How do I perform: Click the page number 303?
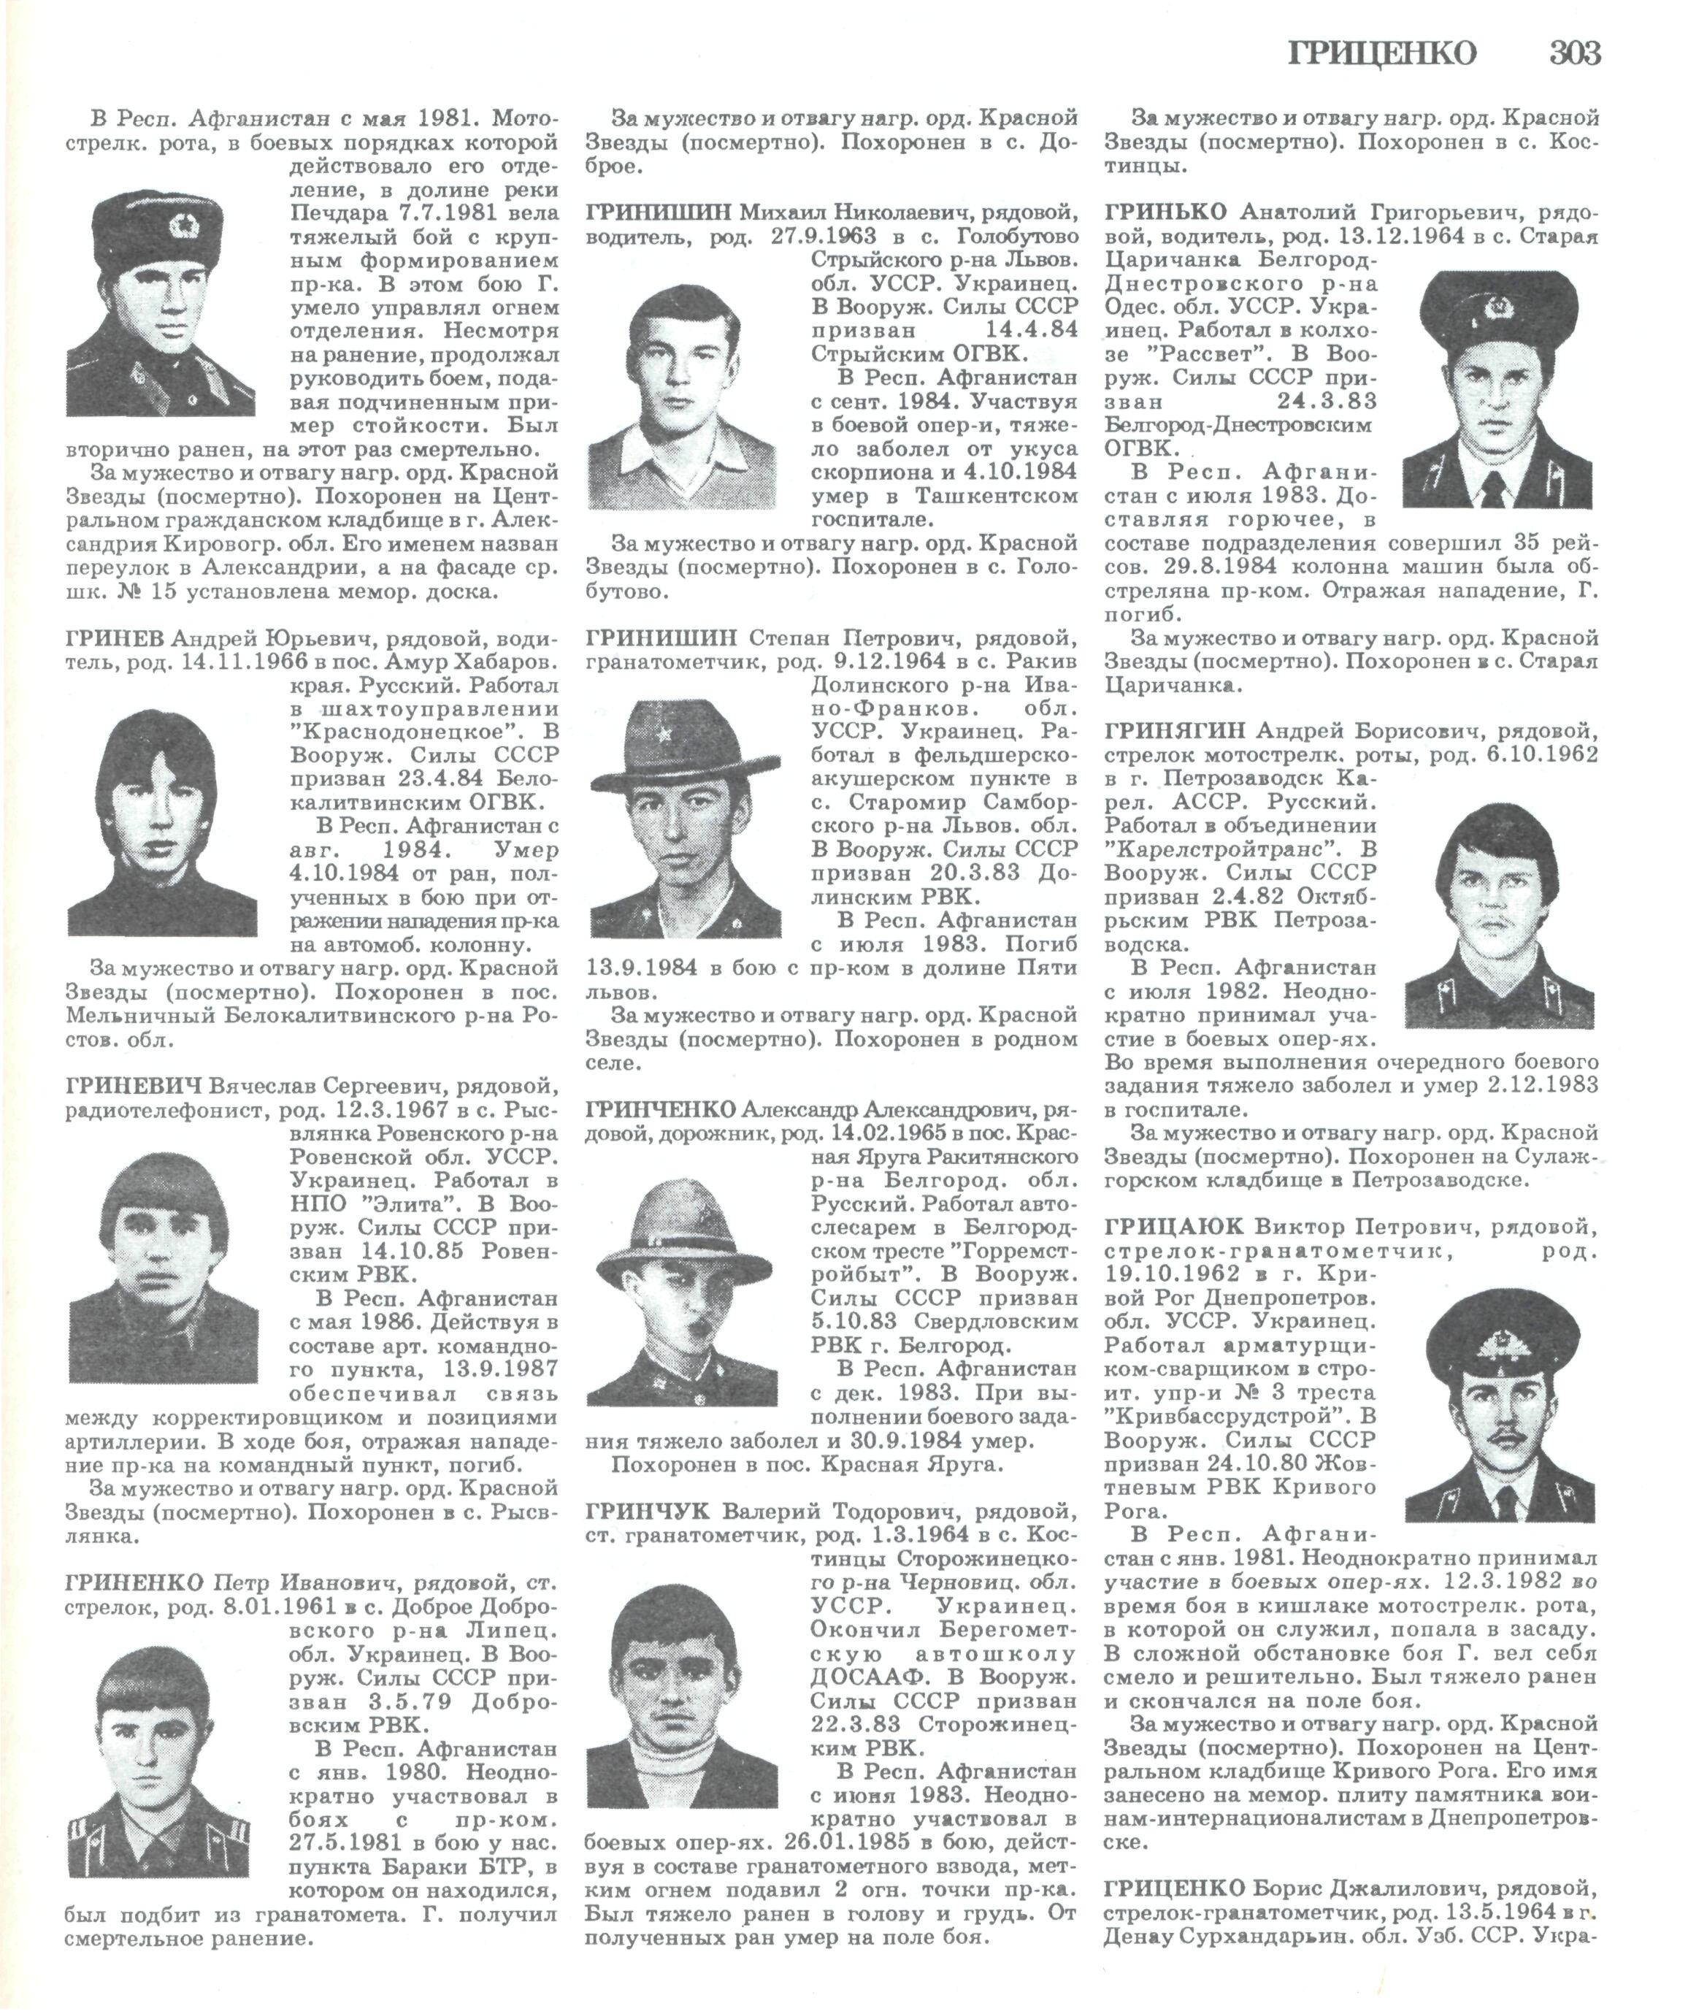(1573, 53)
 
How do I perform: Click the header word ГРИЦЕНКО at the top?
(1383, 54)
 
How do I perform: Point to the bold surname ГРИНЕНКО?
(134, 1583)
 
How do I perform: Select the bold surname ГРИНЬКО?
(1164, 212)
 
